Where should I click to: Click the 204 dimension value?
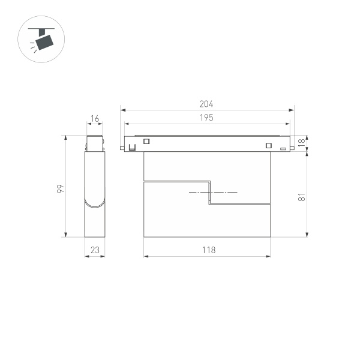tap(206, 104)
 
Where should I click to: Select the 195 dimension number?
tap(206, 118)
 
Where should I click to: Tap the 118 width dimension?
tap(208, 250)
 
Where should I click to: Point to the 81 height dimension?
tap(302, 196)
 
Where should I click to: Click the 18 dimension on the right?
tap(302, 143)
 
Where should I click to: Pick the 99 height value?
tap(60, 189)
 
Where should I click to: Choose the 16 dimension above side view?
tap(95, 119)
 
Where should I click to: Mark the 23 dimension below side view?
tap(95, 250)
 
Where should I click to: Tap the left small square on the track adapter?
tap(146, 142)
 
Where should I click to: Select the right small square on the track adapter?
tap(268, 144)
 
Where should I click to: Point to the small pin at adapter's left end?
tap(122, 147)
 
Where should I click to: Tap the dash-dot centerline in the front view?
tap(213, 192)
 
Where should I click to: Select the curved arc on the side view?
tap(95, 204)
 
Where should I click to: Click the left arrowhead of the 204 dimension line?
tap(122, 110)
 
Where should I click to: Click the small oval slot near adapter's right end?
tap(283, 148)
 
